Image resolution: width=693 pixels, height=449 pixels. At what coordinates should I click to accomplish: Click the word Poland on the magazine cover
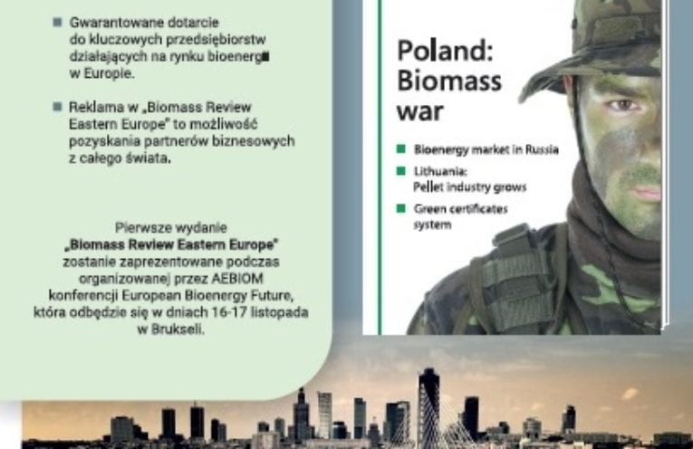[x=445, y=51]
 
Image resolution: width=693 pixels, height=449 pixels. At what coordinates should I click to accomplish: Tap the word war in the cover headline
[x=419, y=111]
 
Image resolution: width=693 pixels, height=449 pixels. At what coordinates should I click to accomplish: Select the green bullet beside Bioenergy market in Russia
[x=401, y=148]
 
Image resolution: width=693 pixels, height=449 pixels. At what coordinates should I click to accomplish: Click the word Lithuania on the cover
[x=440, y=171]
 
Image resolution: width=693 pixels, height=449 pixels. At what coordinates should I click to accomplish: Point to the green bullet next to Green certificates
[x=401, y=208]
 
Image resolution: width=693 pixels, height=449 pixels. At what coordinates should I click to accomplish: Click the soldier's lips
[x=649, y=193]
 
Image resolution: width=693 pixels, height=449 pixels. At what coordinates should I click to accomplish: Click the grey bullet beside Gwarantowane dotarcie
[x=57, y=22]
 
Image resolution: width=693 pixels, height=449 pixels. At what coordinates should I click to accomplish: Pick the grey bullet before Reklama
[x=57, y=107]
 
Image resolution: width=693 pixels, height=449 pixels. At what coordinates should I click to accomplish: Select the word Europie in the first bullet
[x=109, y=73]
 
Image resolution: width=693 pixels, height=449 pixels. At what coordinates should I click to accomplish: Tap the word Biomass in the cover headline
[x=449, y=81]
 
